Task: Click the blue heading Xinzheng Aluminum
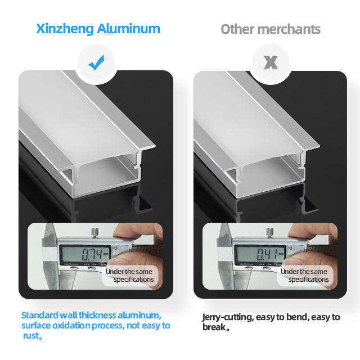coord(98,29)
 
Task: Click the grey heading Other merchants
coord(271,29)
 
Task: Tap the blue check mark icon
coord(96,62)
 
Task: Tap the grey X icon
coord(271,62)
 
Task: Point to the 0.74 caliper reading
coord(92,254)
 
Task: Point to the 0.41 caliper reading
coord(267,254)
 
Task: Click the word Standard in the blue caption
coord(40,315)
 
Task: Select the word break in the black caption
coord(214,327)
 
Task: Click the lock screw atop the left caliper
coord(94,232)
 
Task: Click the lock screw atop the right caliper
coord(269,232)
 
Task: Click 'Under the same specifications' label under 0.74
coord(130,276)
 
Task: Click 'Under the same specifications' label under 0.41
coord(305,276)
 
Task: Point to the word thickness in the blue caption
coord(97,315)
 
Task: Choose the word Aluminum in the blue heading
coord(128,29)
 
